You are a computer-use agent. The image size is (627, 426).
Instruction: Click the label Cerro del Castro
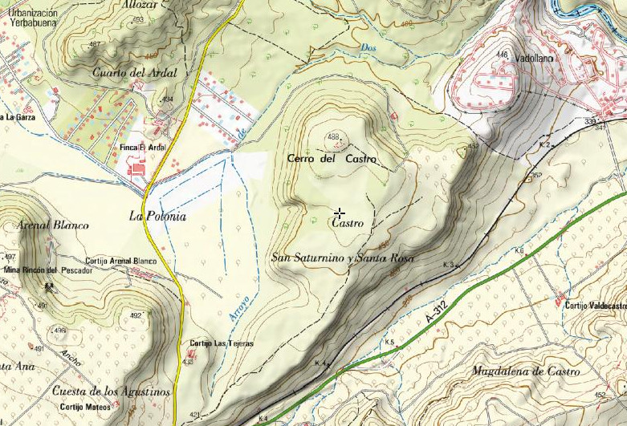click(x=332, y=159)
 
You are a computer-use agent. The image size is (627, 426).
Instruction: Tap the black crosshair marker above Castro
click(x=340, y=213)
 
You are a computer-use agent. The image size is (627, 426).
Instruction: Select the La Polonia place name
click(x=157, y=216)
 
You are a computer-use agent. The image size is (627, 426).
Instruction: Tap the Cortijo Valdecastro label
click(x=595, y=306)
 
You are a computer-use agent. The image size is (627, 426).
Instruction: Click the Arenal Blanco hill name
click(x=51, y=225)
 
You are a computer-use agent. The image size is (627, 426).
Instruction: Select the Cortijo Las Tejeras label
click(x=221, y=343)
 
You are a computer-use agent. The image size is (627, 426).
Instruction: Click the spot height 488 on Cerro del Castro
click(x=332, y=136)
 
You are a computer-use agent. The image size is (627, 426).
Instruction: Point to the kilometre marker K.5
click(x=389, y=343)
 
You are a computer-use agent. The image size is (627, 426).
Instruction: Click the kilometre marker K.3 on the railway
click(x=448, y=265)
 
